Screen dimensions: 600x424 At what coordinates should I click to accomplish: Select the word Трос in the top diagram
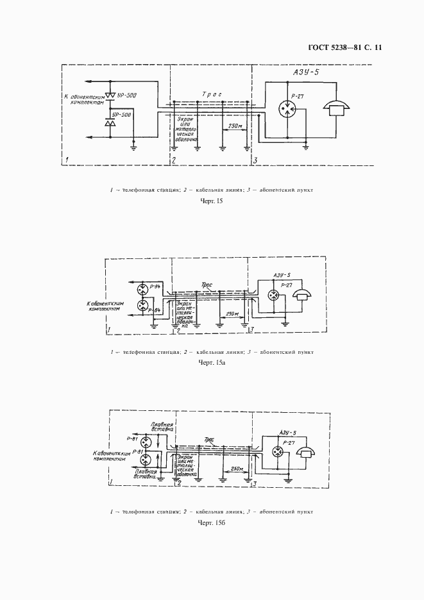[212, 94]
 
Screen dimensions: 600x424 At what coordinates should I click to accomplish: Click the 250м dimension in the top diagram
[234, 126]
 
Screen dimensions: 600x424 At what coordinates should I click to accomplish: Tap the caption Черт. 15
[212, 202]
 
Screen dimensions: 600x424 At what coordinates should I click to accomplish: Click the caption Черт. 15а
[212, 363]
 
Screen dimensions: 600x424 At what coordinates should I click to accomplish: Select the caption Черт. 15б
[212, 522]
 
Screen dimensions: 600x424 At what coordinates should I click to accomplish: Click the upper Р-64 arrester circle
[142, 287]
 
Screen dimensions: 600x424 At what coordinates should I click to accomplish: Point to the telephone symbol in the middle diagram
[300, 294]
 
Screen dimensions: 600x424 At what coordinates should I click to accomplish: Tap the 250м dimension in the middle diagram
[233, 314]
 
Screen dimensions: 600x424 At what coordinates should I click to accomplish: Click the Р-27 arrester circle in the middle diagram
[274, 296]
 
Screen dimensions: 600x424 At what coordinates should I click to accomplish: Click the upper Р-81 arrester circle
[146, 442]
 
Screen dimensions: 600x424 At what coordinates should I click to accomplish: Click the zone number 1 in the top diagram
[67, 160]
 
